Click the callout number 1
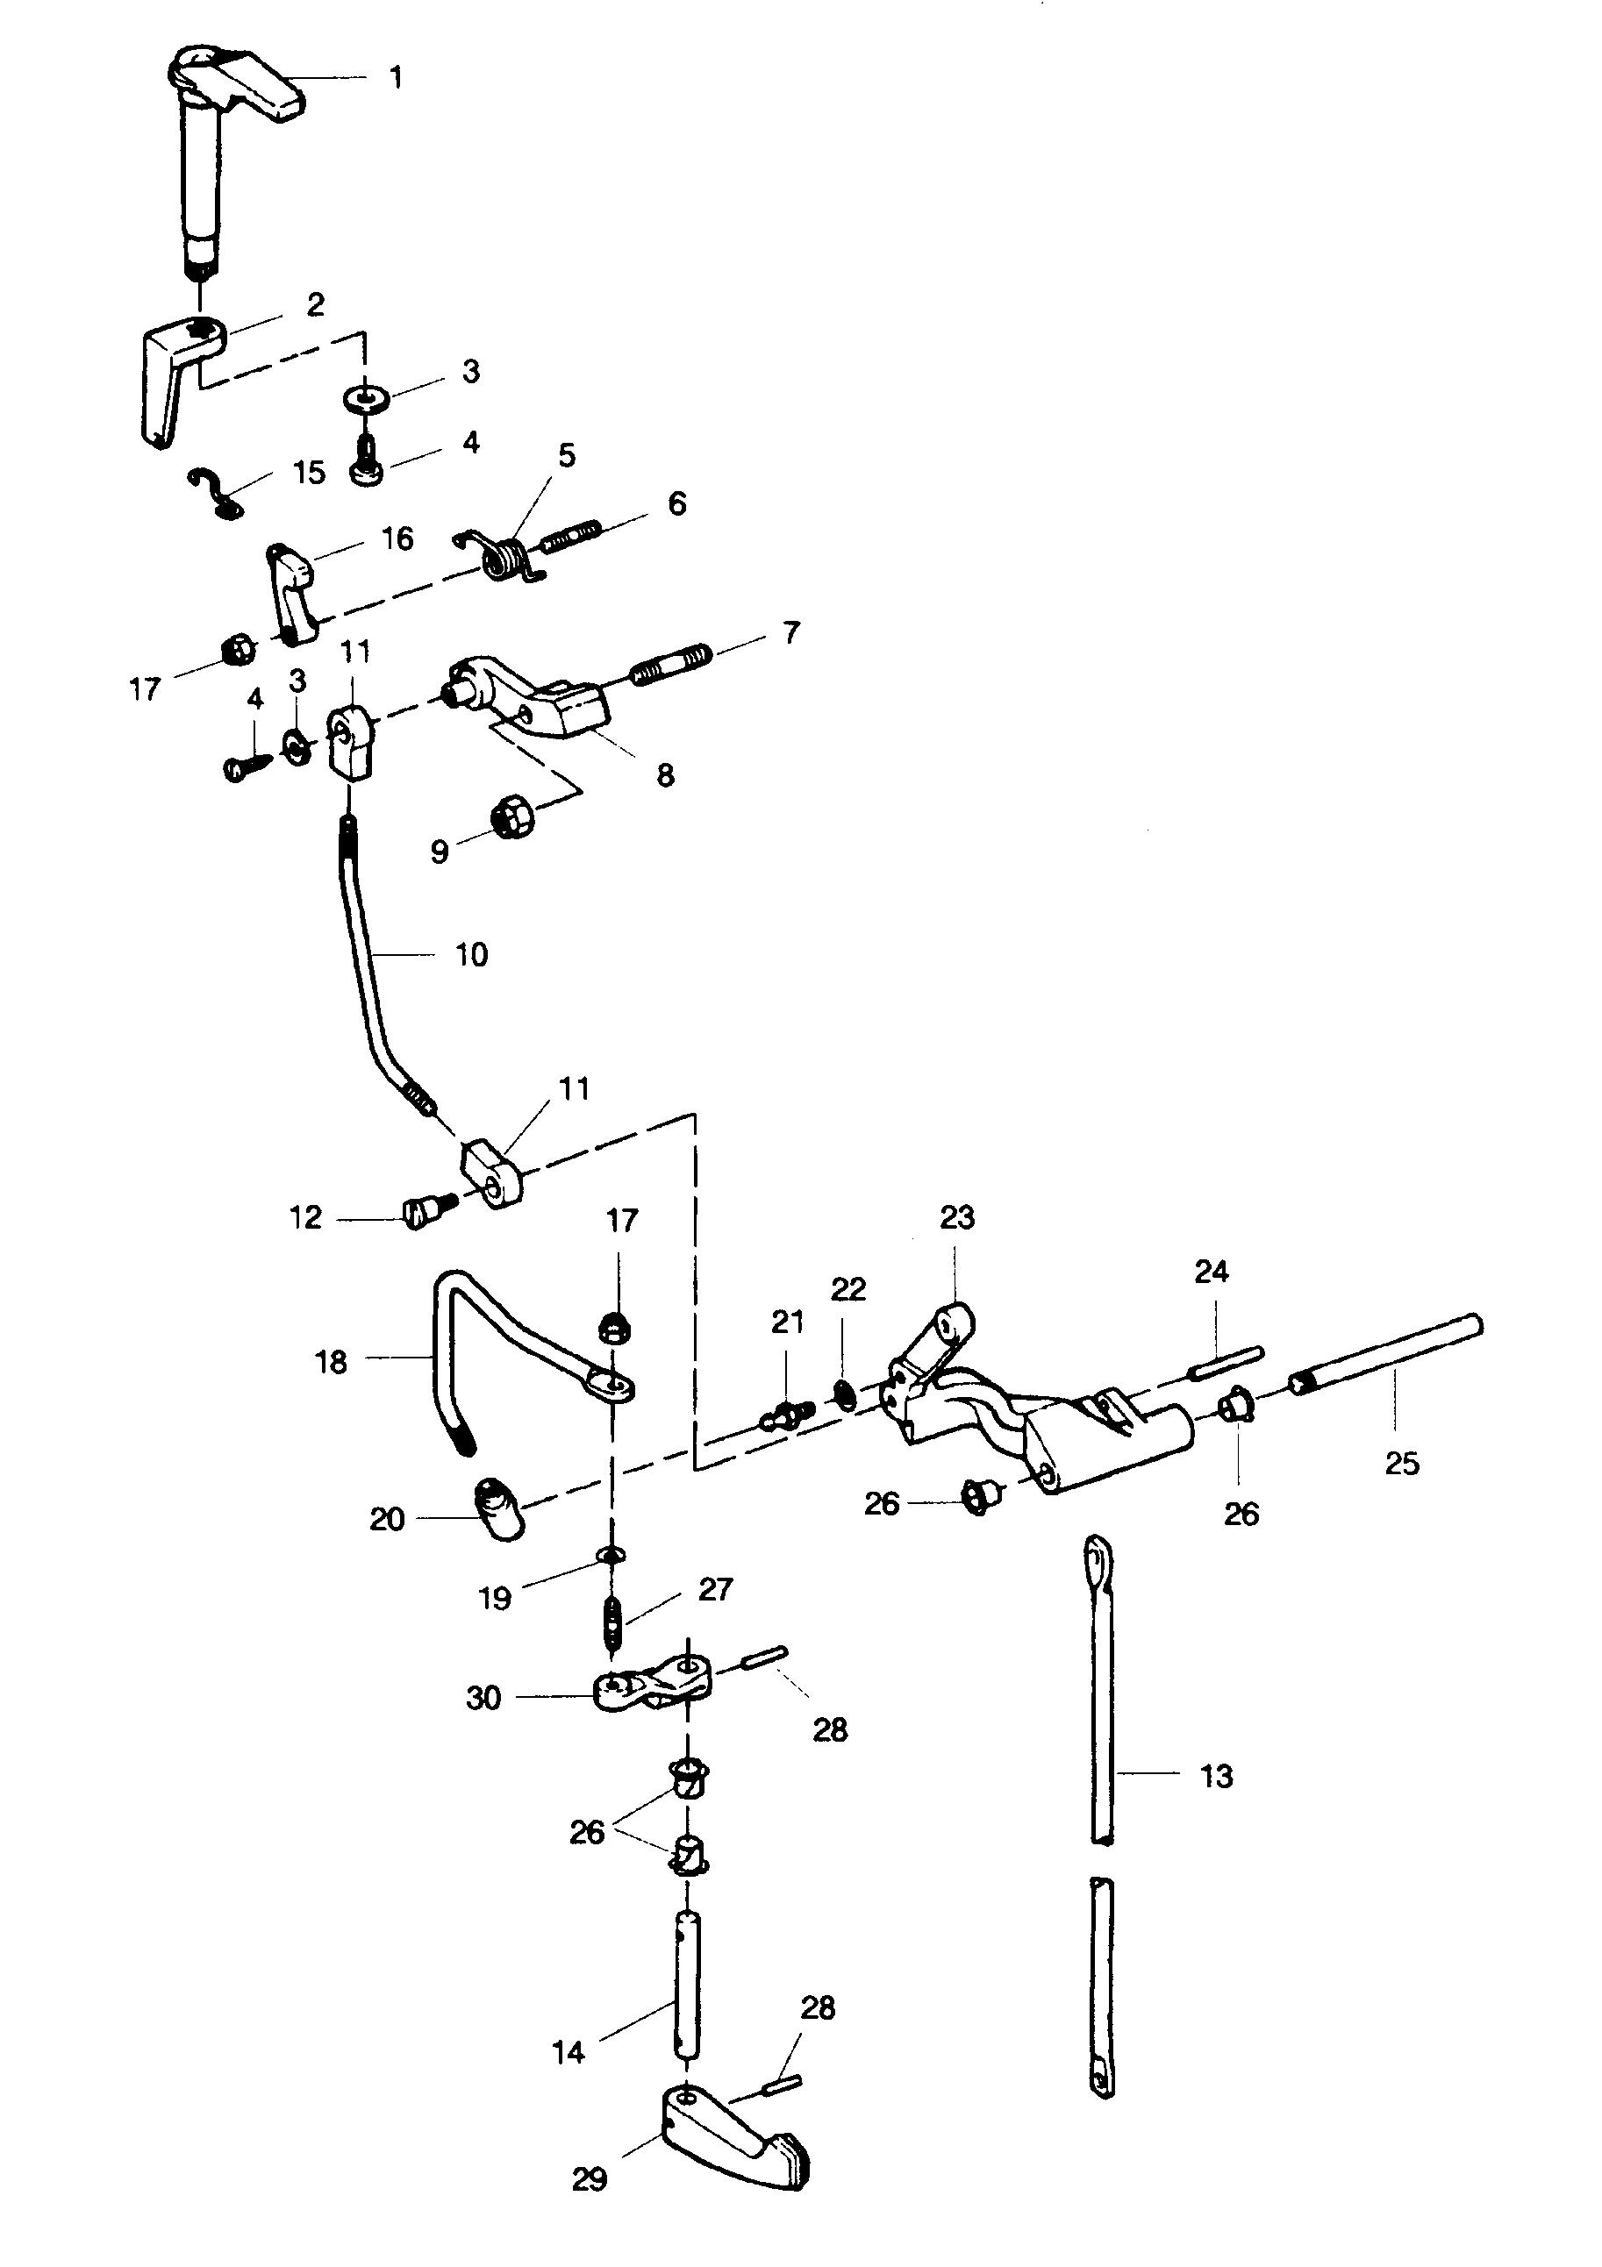click(396, 78)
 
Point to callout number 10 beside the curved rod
click(471, 955)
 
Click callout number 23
click(956, 1218)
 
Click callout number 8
click(666, 775)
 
